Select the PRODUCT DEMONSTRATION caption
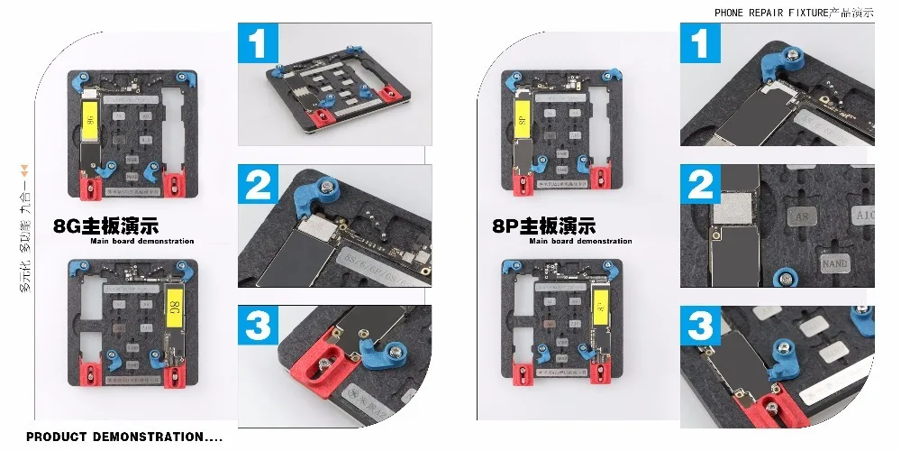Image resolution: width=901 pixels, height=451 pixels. click(x=115, y=437)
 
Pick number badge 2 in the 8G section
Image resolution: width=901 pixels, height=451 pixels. click(x=259, y=185)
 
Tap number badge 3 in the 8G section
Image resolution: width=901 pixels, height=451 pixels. click(x=259, y=326)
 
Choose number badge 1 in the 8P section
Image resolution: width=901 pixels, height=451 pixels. click(x=700, y=43)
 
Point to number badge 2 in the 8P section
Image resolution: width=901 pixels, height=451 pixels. click(x=700, y=185)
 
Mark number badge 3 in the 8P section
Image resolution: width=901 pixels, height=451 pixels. click(x=700, y=326)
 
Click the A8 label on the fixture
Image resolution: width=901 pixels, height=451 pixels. click(x=800, y=216)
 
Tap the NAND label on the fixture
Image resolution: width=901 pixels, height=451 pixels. click(x=834, y=263)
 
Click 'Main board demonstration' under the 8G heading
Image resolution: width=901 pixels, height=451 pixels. click(x=141, y=242)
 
